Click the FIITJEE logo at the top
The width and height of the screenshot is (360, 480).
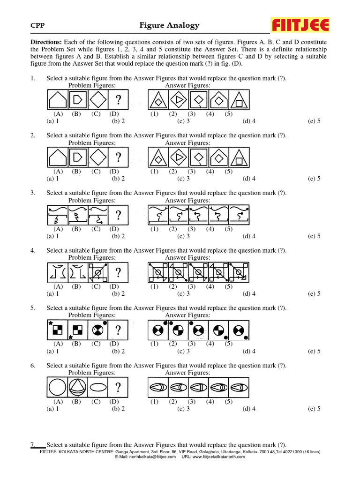click(x=300, y=25)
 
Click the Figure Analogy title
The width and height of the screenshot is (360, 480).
click(x=169, y=25)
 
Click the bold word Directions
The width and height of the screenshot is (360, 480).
click(x=46, y=41)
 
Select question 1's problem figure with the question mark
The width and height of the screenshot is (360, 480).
click(x=119, y=100)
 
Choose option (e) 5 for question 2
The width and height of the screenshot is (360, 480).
click(x=314, y=178)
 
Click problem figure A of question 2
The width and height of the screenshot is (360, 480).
click(x=57, y=157)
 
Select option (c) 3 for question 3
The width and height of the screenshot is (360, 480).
click(x=183, y=236)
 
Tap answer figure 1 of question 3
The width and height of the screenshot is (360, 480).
click(x=158, y=215)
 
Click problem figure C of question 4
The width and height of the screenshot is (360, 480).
click(x=98, y=272)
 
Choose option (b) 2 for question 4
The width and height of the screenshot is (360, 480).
click(x=118, y=293)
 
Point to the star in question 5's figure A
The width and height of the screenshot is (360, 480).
click(x=50, y=324)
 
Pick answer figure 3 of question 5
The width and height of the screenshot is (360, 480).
click(x=199, y=330)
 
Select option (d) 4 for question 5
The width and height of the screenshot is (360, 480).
click(x=249, y=351)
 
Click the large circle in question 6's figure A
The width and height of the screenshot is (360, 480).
click(x=58, y=388)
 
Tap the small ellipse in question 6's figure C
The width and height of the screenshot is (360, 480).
click(x=98, y=388)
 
